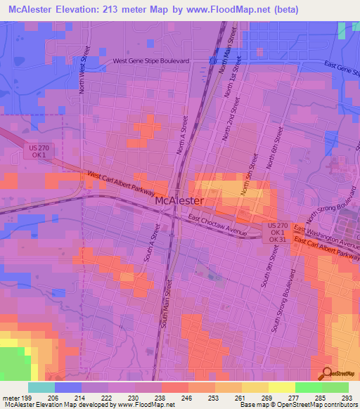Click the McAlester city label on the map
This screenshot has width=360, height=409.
point(179,200)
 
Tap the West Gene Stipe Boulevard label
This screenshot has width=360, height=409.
point(152,61)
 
